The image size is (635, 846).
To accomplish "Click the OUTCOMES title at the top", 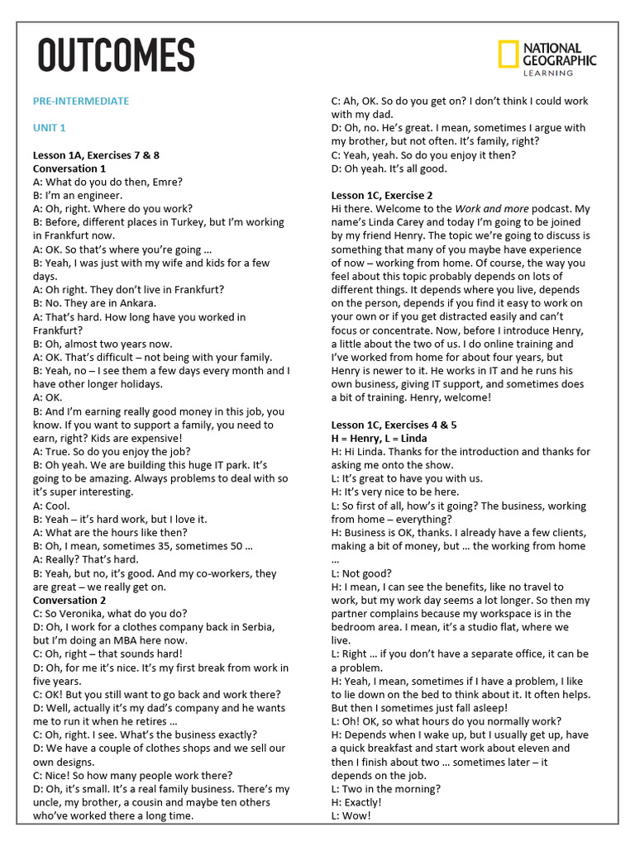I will tap(116, 56).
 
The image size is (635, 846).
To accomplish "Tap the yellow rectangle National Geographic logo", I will tap(508, 55).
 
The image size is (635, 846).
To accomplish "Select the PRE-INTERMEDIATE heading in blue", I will tap(81, 101).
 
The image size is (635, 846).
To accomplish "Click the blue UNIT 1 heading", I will tap(50, 128).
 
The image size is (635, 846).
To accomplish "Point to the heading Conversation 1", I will tap(69, 169).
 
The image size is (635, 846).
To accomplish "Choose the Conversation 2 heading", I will tap(69, 601).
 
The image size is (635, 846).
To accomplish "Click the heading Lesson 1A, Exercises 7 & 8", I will tap(96, 155).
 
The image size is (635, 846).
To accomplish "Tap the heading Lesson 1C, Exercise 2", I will tap(382, 196).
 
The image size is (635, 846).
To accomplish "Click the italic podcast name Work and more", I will tap(496, 209).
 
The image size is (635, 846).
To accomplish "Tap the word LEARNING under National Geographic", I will tap(547, 73).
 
